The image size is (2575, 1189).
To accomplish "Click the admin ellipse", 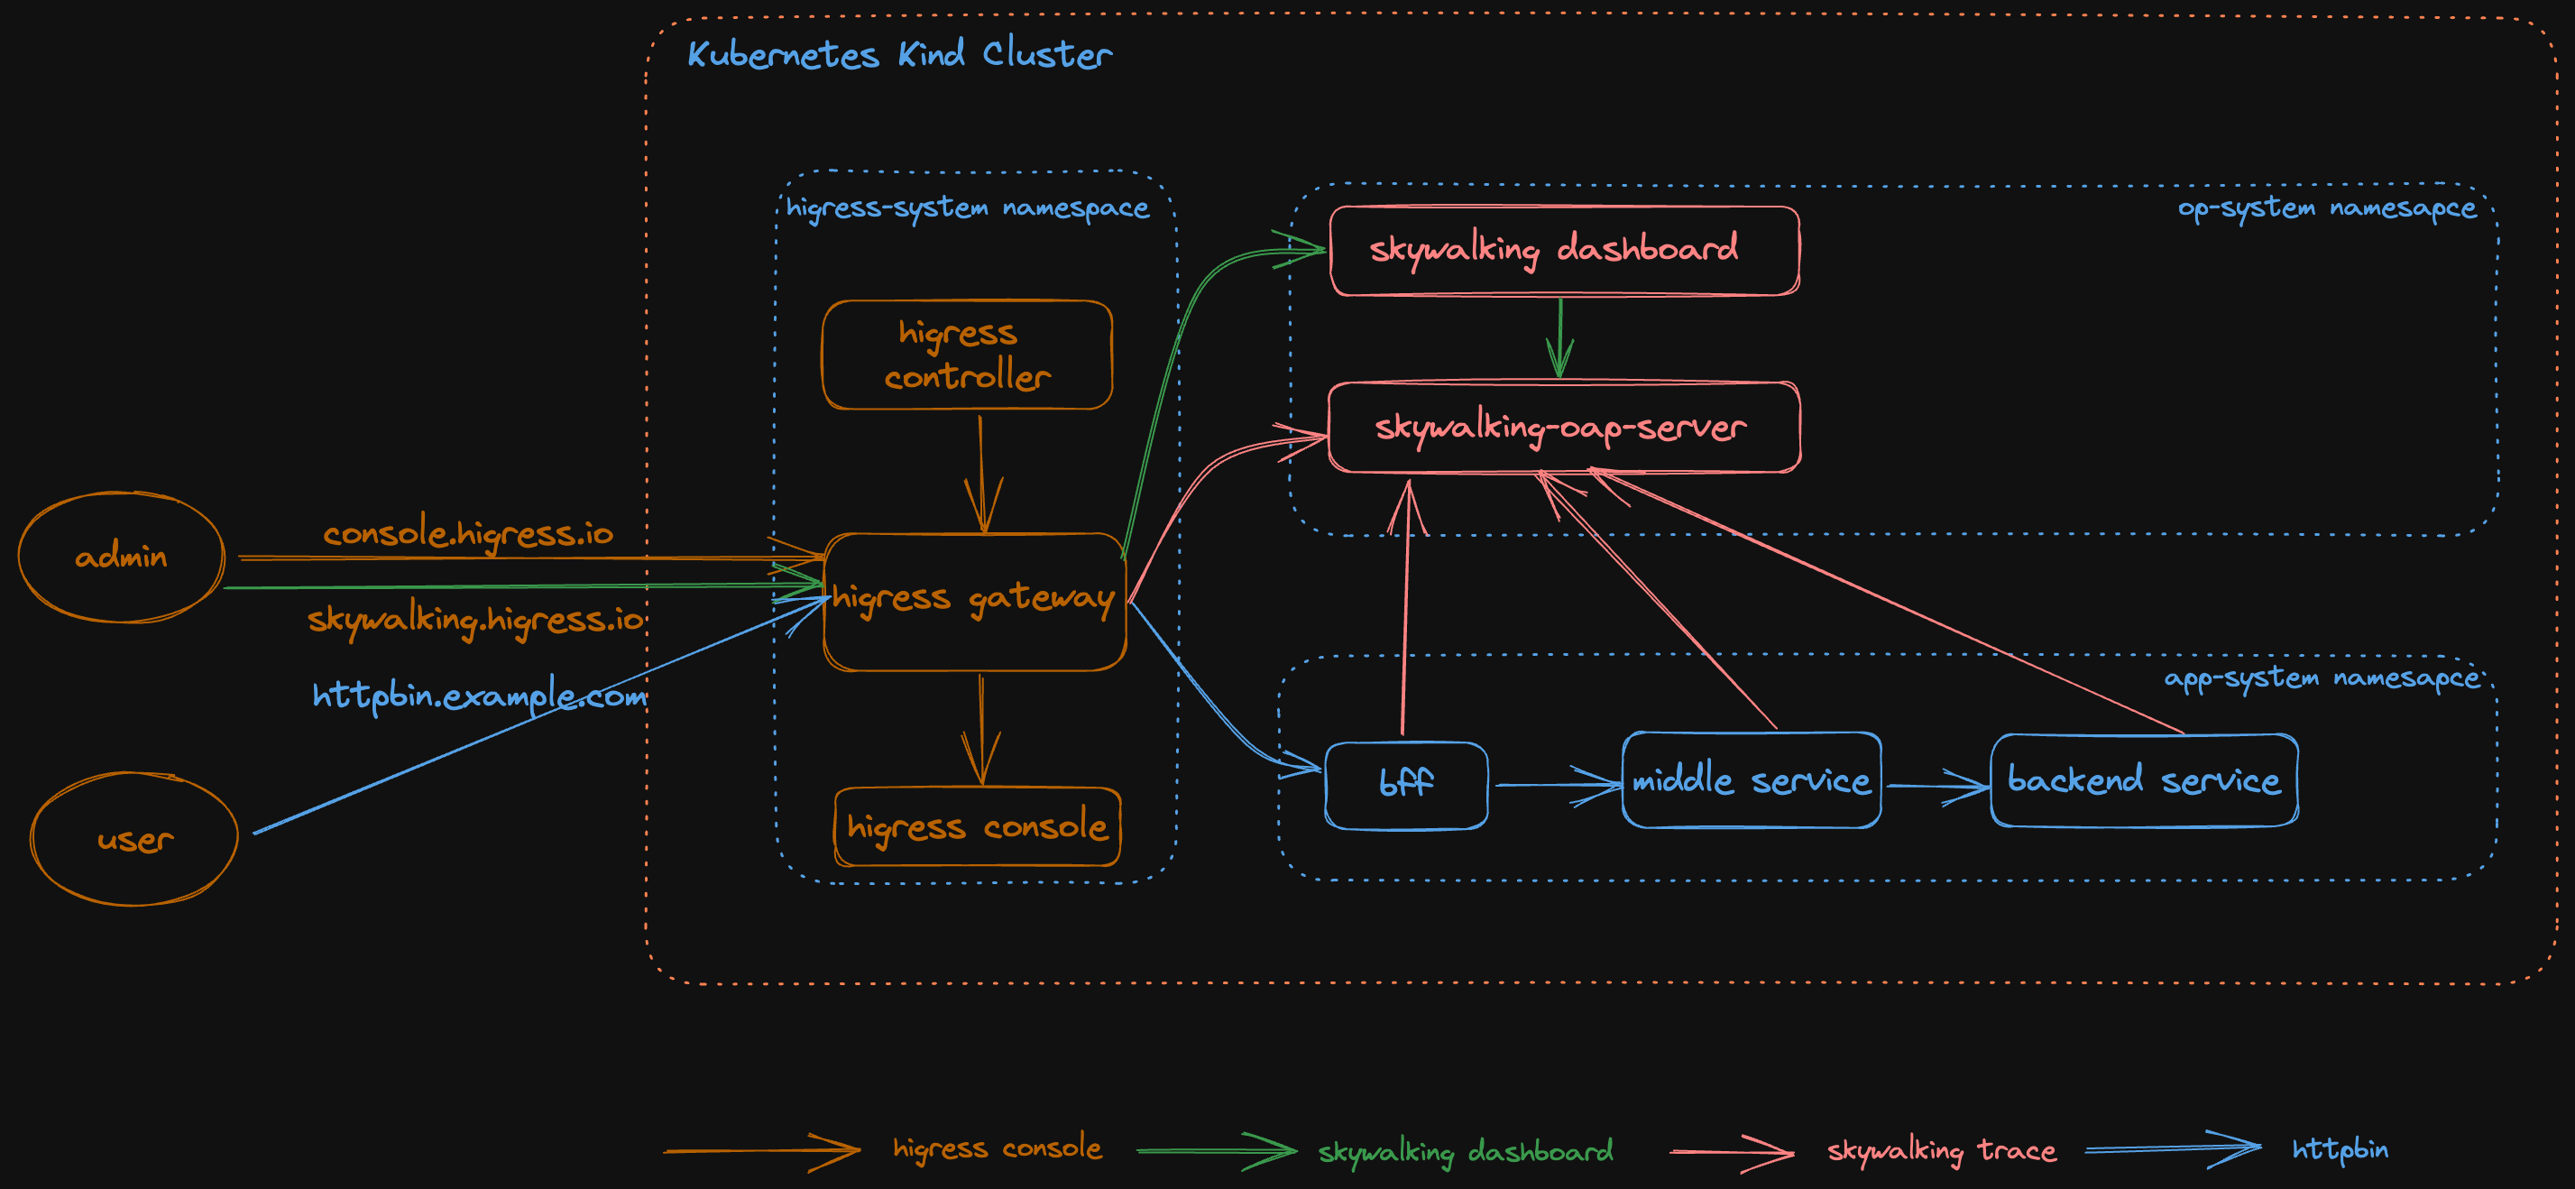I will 121,557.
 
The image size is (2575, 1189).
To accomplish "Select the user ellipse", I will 134,839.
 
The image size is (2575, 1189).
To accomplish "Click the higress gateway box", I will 975,601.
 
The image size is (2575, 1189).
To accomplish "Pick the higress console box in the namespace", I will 977,827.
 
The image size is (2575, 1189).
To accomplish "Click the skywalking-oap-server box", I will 1563,427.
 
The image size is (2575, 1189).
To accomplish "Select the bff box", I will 1405,785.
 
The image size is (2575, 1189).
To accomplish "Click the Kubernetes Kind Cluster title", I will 898,54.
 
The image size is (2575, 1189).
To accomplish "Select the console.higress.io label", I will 468,533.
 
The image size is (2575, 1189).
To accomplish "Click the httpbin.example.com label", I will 479,695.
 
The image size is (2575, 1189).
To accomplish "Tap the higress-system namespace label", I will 967,208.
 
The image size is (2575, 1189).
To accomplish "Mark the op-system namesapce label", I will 2326,208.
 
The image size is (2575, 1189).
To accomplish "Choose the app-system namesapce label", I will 2321,679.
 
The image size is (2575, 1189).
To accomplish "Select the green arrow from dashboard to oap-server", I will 1559,337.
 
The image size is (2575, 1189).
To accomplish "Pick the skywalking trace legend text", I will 1941,1151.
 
